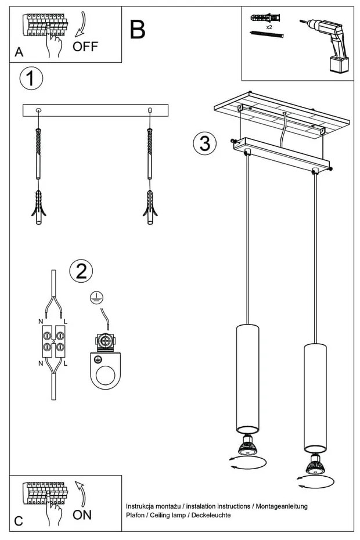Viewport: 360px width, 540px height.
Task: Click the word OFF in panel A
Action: (85, 46)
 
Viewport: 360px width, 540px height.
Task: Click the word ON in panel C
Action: (82, 514)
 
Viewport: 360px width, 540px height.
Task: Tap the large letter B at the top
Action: (138, 30)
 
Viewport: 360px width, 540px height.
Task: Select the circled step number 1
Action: (31, 78)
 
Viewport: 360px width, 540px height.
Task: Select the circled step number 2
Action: (81, 271)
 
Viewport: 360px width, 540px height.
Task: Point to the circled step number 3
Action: (204, 143)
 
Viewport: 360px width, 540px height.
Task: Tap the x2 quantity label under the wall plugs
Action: (269, 27)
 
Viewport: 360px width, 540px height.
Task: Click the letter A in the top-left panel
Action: (19, 52)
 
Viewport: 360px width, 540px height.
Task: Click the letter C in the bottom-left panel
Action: (19, 520)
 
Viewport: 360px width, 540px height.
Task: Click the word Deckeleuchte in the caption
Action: (211, 515)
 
